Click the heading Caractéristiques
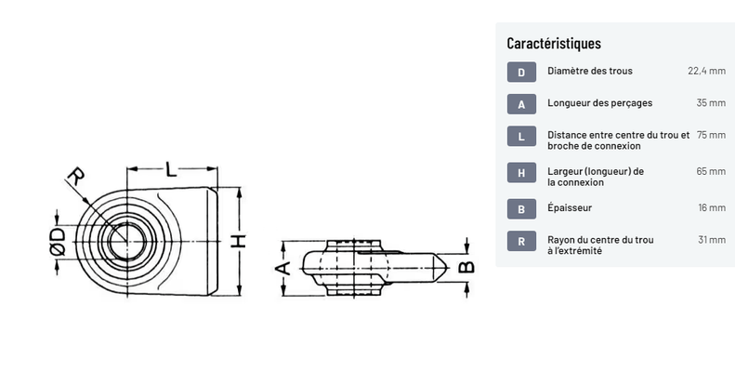tap(554, 43)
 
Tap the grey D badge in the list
tap(521, 72)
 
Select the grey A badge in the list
tap(521, 103)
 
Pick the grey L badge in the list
tap(521, 136)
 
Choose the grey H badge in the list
tap(521, 173)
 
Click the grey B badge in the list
tap(521, 208)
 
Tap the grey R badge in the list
tap(521, 241)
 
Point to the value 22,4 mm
tap(706, 71)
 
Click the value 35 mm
tap(711, 102)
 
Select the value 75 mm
tap(711, 135)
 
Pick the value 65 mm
tap(711, 171)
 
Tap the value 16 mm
tap(712, 207)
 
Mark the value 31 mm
tap(712, 240)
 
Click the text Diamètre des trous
tap(590, 71)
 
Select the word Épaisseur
tap(570, 207)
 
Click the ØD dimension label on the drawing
tap(58, 242)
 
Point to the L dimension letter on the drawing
tap(172, 169)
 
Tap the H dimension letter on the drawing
tap(239, 241)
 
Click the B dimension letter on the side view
tap(466, 267)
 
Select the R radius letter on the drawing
tap(76, 177)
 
